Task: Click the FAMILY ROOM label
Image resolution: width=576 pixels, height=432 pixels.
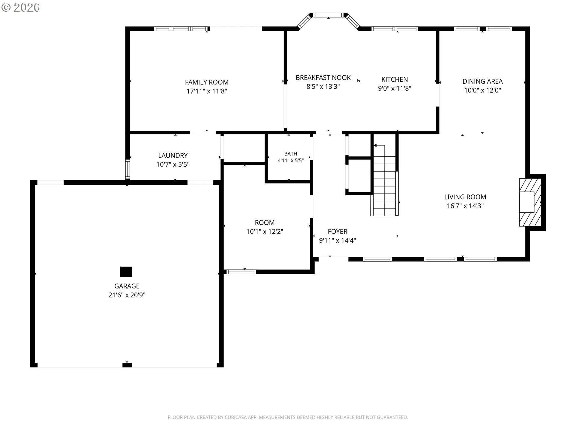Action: point(207,82)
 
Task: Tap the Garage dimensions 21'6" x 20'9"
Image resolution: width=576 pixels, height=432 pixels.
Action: point(127,295)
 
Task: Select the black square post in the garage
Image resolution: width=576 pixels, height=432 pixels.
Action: point(126,272)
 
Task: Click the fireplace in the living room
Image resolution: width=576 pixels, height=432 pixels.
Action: point(530,202)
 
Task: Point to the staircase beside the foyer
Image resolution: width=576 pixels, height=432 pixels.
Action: point(385,180)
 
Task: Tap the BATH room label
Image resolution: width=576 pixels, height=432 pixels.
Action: point(291,154)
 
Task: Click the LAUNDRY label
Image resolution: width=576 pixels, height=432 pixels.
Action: point(173,155)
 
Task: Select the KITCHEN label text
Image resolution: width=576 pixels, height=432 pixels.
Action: point(394,79)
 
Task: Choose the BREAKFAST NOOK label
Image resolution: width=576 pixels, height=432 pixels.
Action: point(323,78)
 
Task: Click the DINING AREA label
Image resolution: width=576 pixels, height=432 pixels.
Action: point(482,81)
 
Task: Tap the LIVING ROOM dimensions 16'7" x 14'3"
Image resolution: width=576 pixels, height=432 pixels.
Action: point(465,206)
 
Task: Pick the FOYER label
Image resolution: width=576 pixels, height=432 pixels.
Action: point(337,232)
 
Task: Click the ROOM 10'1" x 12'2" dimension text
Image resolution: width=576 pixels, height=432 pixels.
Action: point(265,232)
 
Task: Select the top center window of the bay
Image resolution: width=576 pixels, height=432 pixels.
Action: point(328,15)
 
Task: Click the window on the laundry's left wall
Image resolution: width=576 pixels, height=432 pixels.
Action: point(127,169)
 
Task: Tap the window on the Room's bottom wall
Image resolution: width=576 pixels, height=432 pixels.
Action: point(241,272)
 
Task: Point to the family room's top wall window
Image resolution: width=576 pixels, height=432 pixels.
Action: point(181,29)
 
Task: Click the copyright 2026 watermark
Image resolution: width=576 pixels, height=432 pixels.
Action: point(20,7)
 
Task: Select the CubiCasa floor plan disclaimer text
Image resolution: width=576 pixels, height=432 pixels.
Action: point(288,417)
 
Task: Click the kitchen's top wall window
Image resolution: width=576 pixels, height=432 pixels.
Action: point(395,29)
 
